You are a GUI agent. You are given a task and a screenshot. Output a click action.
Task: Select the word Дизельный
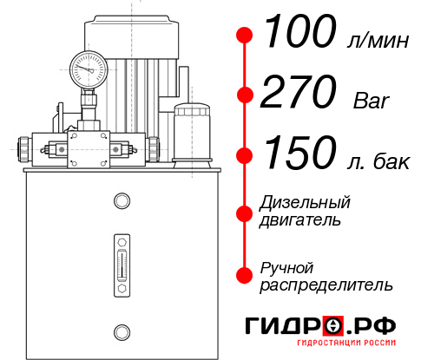pos(305,203)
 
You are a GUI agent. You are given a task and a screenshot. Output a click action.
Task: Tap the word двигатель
pos(300,220)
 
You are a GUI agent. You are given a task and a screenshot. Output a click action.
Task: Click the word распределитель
pos(326,285)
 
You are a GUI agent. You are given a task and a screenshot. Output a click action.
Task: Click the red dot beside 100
pos(245,35)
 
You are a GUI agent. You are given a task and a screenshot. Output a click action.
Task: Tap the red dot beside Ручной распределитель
pos(245,275)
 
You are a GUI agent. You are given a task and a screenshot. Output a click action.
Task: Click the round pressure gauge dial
pos(89,66)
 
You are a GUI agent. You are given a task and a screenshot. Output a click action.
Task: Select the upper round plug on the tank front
pos(121,202)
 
